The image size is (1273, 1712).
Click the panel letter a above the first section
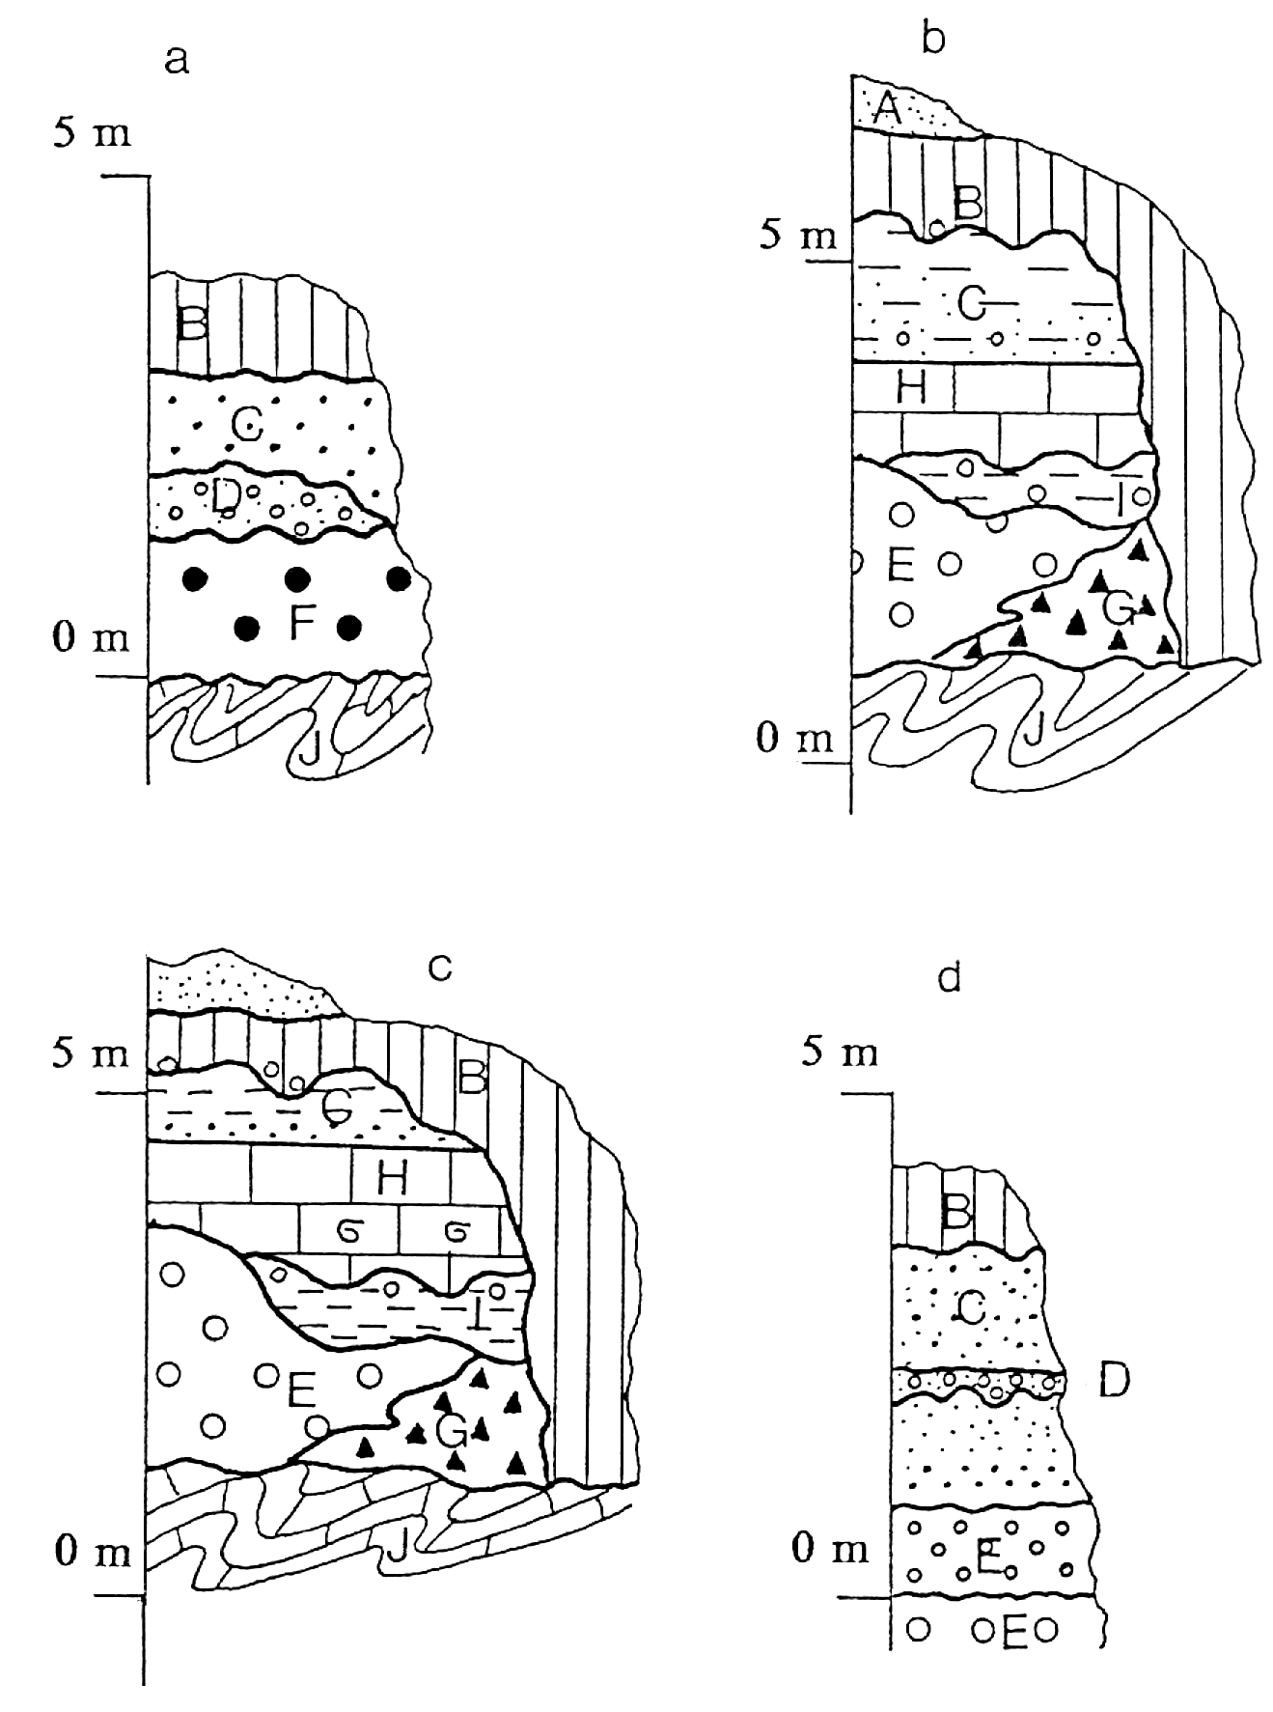(177, 61)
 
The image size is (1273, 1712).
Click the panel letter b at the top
(932, 40)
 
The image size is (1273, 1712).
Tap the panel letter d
(950, 978)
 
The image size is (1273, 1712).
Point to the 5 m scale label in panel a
(92, 133)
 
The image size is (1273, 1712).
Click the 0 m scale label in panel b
(793, 738)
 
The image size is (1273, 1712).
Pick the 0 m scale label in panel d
(830, 1551)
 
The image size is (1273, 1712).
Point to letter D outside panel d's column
(1114, 1382)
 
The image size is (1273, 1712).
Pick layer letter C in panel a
(247, 423)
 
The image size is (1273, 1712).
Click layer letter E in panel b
(899, 565)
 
